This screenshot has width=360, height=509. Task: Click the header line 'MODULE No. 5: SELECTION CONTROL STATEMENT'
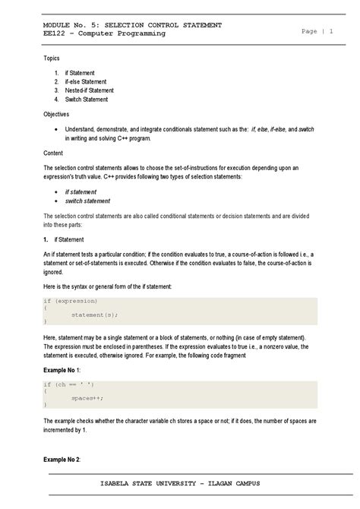coord(132,25)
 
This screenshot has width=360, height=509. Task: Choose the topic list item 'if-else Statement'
coord(86,81)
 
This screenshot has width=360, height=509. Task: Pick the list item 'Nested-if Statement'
coord(89,90)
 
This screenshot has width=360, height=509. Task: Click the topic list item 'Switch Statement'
coord(87,100)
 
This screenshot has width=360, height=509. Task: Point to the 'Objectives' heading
coord(56,114)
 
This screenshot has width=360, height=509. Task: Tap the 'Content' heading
coord(54,153)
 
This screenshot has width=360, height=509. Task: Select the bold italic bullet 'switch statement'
coord(87,201)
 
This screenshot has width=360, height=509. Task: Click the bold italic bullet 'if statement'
coord(81,192)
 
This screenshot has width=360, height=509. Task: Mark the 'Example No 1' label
coord(67,368)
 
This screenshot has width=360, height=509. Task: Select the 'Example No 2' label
coord(67,460)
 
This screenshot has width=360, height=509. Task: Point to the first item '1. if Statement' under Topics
coord(79,72)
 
